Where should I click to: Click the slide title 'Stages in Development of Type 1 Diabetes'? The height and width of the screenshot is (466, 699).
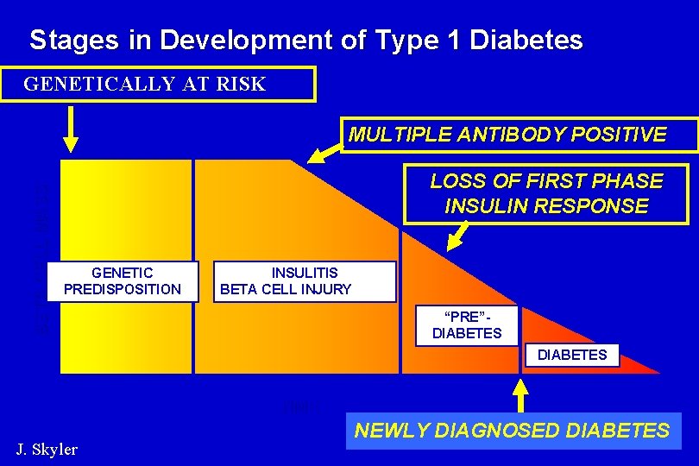[305, 40]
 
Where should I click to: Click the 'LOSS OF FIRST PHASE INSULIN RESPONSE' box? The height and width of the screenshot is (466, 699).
[546, 194]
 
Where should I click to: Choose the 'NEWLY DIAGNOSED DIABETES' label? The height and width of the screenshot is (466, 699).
[513, 431]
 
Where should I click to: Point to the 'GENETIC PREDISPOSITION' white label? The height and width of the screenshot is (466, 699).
[123, 281]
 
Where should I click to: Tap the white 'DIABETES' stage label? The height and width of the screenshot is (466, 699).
[571, 355]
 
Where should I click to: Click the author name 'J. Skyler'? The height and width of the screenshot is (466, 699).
[47, 449]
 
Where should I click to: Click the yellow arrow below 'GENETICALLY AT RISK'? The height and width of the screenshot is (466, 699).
[72, 135]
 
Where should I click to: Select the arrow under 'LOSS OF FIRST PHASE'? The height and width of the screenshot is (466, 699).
[458, 236]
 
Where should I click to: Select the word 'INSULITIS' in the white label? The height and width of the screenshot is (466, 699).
[305, 273]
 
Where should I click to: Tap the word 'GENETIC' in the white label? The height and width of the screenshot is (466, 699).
[123, 273]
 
